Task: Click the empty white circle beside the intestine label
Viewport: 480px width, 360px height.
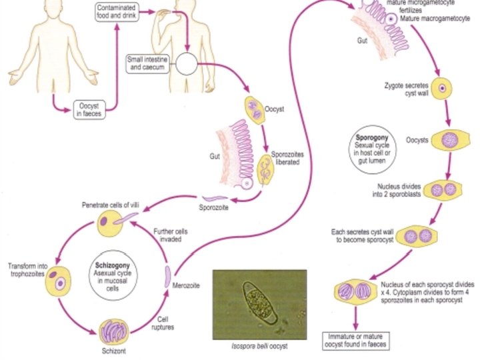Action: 187,65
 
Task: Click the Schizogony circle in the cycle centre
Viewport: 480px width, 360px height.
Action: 108,275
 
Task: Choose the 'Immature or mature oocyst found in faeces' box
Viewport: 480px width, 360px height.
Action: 354,339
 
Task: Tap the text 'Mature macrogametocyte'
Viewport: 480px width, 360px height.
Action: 438,19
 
